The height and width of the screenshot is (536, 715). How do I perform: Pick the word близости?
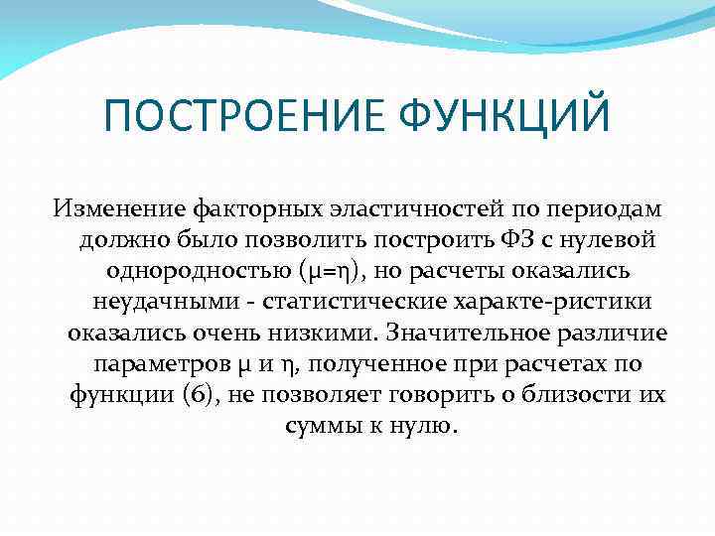[582, 397]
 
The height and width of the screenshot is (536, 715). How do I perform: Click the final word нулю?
[427, 427]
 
